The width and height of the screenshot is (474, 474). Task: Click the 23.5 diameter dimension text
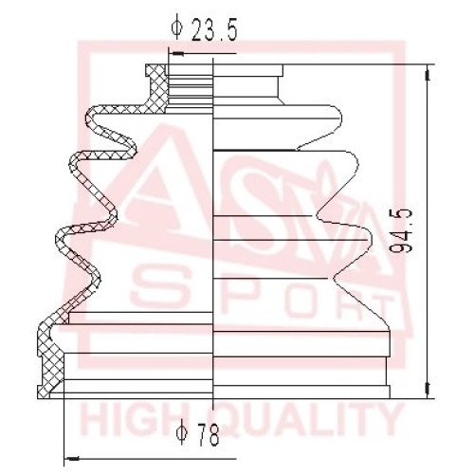click(x=214, y=29)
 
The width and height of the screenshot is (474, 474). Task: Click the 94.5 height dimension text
click(x=401, y=230)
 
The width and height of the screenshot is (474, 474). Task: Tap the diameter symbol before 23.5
click(x=177, y=28)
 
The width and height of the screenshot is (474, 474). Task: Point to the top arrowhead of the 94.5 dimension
click(x=428, y=73)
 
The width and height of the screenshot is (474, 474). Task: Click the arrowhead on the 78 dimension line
click(x=71, y=458)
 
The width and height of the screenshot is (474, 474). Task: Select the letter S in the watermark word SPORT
click(x=157, y=287)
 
